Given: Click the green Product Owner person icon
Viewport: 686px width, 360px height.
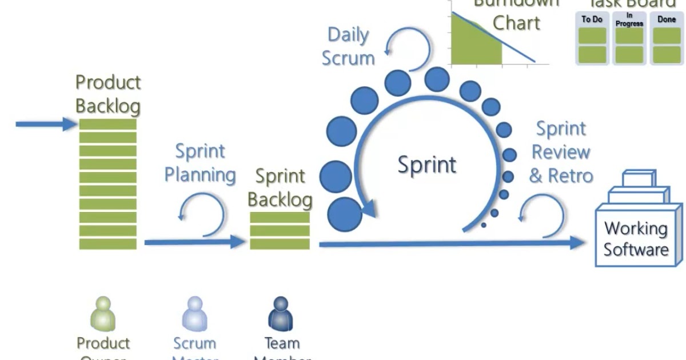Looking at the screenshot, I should (103, 314).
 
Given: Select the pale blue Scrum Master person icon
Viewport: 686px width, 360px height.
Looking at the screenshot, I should (194, 314).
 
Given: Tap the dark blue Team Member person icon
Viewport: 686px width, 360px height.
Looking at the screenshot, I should (281, 314).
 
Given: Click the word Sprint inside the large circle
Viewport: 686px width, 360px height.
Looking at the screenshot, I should (427, 165).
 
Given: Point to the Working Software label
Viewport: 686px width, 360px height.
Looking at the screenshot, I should (636, 239).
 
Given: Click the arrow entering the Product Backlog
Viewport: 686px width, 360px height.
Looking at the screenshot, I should (46, 123).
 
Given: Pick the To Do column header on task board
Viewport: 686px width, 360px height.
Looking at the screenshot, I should (592, 19).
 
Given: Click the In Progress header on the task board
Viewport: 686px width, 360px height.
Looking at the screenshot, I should (629, 20).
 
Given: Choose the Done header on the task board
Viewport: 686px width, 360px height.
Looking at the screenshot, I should (667, 19).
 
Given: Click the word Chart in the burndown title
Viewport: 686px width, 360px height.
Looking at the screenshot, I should (516, 23).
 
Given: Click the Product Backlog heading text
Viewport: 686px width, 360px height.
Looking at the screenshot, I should (108, 94).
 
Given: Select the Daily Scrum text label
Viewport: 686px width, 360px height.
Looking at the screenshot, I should (348, 46).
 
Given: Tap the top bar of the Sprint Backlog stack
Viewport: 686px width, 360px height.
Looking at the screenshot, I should (280, 218).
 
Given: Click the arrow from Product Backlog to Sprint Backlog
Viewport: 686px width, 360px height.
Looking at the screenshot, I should (194, 242).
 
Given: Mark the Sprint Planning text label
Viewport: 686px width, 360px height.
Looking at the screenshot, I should (200, 163).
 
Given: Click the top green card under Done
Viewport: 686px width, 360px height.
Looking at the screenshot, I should (667, 36).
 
